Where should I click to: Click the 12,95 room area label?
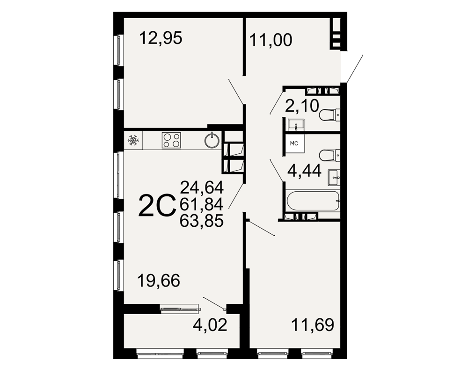[161, 38]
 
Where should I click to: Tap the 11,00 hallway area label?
[271, 40]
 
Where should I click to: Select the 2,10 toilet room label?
[302, 106]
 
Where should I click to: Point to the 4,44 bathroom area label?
[305, 171]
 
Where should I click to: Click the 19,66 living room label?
[159, 280]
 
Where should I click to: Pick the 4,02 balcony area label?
[210, 325]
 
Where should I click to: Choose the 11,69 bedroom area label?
[313, 325]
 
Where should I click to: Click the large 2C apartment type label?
[157, 205]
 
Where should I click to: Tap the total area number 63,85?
[202, 221]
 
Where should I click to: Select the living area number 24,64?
[202, 187]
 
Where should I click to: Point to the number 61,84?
[202, 204]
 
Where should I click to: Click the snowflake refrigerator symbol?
[132, 140]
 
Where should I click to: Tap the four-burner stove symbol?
[171, 140]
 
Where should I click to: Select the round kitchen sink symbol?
[212, 140]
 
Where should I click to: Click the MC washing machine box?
[294, 144]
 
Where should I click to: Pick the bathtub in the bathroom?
[313, 201]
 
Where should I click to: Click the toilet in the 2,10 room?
[330, 115]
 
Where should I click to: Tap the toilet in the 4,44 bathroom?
[330, 155]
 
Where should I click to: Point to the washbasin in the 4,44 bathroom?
[334, 178]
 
